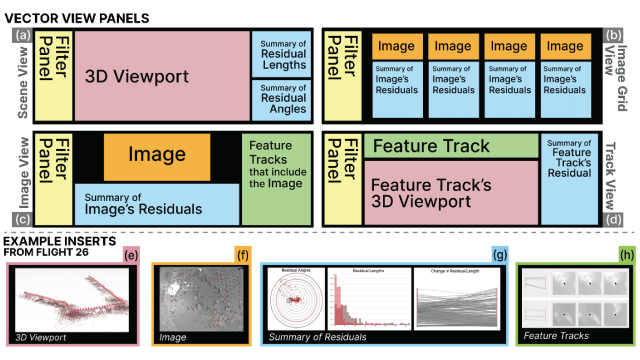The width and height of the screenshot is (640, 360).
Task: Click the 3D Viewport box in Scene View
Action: pyautogui.click(x=162, y=75)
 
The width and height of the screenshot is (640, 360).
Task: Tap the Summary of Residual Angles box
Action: pyautogui.click(x=281, y=98)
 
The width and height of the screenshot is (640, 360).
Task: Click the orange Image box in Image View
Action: pyautogui.click(x=156, y=155)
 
